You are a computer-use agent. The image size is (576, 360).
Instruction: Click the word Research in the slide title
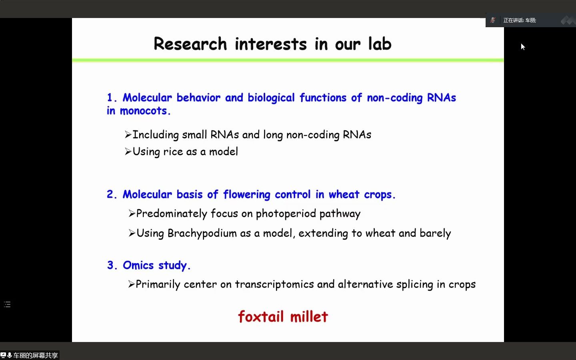coord(190,44)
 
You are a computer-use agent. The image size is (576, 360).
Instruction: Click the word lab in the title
coord(380,44)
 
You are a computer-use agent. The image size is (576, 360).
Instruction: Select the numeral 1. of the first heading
coord(112,98)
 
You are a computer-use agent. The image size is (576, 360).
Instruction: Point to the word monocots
coord(145,111)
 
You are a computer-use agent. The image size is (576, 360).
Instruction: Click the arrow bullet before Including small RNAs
coord(128,134)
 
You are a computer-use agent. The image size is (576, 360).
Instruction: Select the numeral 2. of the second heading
coord(112,194)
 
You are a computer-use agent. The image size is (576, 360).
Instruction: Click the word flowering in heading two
coord(246,195)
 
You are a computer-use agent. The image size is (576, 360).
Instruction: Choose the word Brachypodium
coord(202,234)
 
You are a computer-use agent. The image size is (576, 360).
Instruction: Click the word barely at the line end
coord(435,234)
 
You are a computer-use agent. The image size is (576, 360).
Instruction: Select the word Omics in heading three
coord(138,265)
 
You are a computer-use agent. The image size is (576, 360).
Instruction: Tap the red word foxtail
coord(261,316)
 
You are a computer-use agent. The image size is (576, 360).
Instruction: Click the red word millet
coord(309,316)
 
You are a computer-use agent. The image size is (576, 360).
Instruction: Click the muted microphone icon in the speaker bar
coord(493,20)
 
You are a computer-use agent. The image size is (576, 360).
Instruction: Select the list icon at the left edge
coord(7,304)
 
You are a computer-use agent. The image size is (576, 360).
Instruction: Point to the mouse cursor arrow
coord(523,46)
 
